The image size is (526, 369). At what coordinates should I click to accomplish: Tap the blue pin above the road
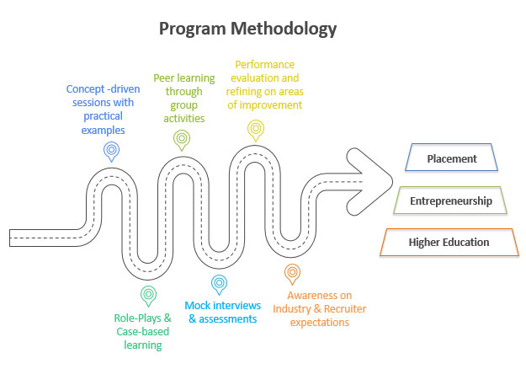(x=111, y=151)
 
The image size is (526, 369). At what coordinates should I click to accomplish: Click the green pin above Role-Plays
(x=148, y=295)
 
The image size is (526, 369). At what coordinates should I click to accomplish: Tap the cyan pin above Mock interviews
(x=219, y=284)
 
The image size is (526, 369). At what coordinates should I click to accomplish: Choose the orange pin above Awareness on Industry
(x=291, y=273)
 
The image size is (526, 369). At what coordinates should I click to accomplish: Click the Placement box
(x=451, y=158)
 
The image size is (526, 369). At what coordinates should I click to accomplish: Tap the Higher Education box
(x=449, y=243)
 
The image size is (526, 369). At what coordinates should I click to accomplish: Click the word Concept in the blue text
(x=87, y=88)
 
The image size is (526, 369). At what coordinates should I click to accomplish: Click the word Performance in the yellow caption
(x=265, y=63)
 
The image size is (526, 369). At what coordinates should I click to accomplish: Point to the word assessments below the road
(x=226, y=319)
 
